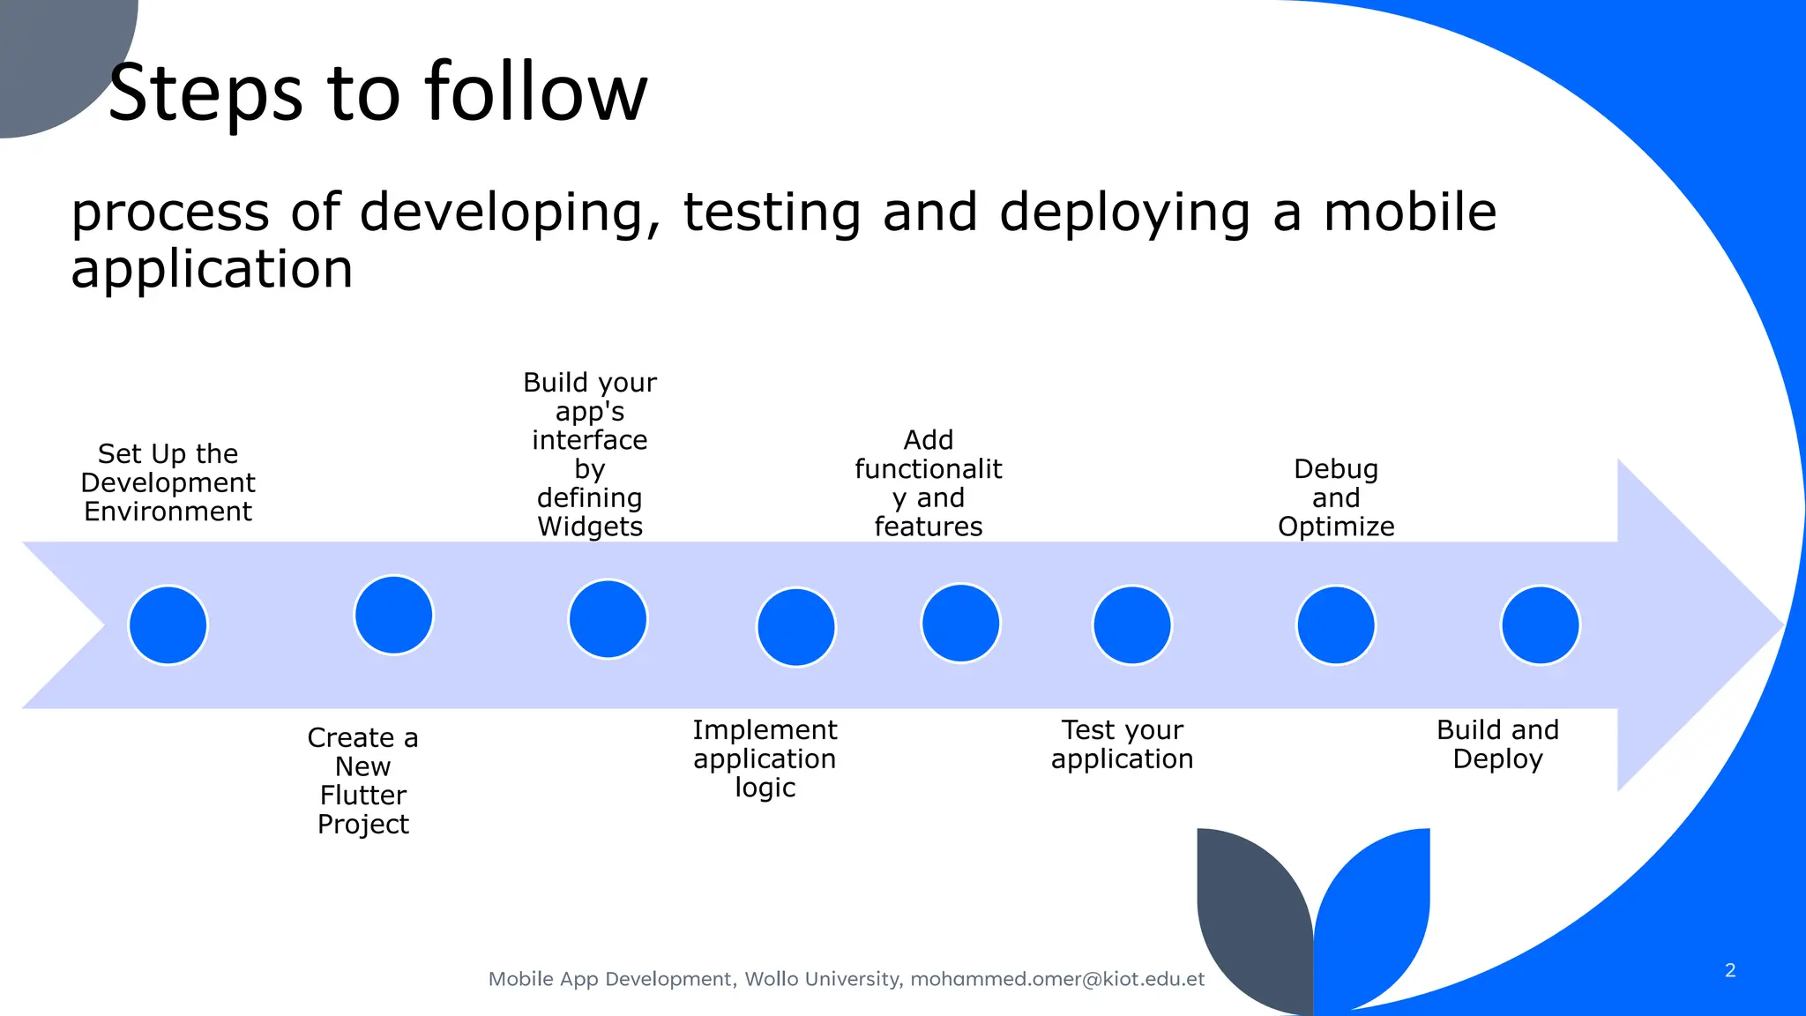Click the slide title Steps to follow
click(x=377, y=92)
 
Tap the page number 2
click(x=1729, y=970)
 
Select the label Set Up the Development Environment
click(x=168, y=482)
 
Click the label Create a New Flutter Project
click(x=362, y=781)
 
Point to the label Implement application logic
click(x=765, y=758)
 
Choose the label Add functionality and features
click(x=928, y=483)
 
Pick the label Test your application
click(x=1122, y=744)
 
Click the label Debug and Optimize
click(x=1336, y=497)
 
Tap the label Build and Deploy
click(x=1497, y=744)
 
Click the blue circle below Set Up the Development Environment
click(x=168, y=625)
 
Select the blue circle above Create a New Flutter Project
click(x=393, y=616)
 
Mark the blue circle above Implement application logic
click(x=795, y=628)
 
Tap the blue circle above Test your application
click(x=1131, y=625)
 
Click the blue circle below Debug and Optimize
click(x=1335, y=625)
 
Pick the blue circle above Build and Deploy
click(x=1540, y=625)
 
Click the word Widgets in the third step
click(x=590, y=527)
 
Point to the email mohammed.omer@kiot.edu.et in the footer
click(x=1056, y=979)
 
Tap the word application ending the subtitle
click(x=212, y=269)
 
